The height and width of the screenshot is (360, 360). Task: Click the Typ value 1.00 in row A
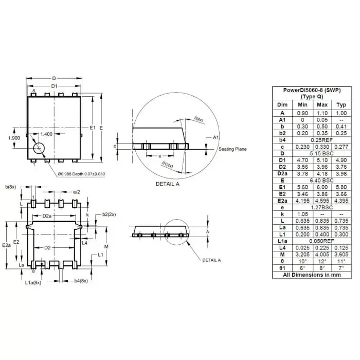click(x=341, y=113)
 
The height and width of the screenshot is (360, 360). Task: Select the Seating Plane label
click(x=232, y=149)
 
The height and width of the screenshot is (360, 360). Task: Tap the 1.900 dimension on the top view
click(x=14, y=138)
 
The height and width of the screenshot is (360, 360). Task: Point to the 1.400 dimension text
click(x=46, y=134)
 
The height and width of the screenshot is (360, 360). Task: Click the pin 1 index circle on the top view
click(x=39, y=149)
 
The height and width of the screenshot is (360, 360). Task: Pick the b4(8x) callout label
click(x=81, y=281)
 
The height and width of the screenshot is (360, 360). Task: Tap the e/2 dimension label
click(x=77, y=191)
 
